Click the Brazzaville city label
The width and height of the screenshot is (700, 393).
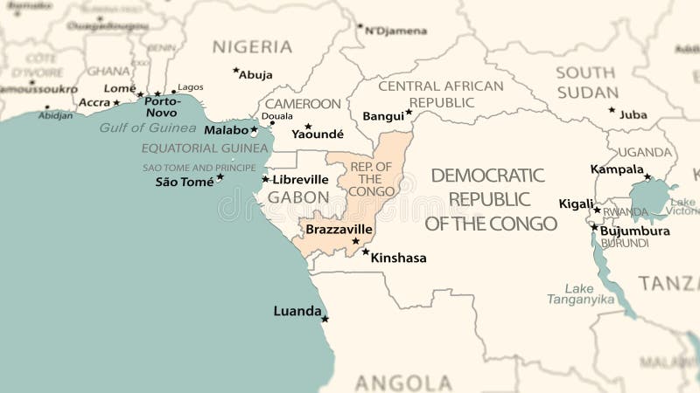(x=339, y=229)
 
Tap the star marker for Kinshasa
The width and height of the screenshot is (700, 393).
(x=366, y=252)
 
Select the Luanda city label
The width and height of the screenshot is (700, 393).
(x=297, y=311)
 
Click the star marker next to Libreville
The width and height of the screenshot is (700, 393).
(x=265, y=179)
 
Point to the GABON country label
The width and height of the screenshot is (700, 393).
(x=298, y=198)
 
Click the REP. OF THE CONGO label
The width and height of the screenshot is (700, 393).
(x=372, y=179)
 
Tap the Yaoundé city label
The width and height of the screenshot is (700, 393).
(x=318, y=134)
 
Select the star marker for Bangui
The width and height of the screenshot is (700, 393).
(x=409, y=112)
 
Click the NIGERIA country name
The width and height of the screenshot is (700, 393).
(x=253, y=47)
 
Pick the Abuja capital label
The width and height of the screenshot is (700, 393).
(x=255, y=75)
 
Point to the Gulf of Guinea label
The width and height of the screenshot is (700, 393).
(x=148, y=128)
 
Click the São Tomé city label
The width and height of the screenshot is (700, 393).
(x=185, y=182)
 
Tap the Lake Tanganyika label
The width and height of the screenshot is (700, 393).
(x=578, y=293)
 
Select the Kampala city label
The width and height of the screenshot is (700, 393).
(x=617, y=169)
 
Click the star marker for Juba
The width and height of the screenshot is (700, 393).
(x=612, y=110)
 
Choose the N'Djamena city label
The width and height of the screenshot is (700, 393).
(x=395, y=31)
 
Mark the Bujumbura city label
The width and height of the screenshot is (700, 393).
(x=634, y=231)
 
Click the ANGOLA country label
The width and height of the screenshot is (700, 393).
(x=403, y=383)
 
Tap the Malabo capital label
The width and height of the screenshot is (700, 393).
(x=227, y=130)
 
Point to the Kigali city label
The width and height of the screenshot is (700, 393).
(x=576, y=204)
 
